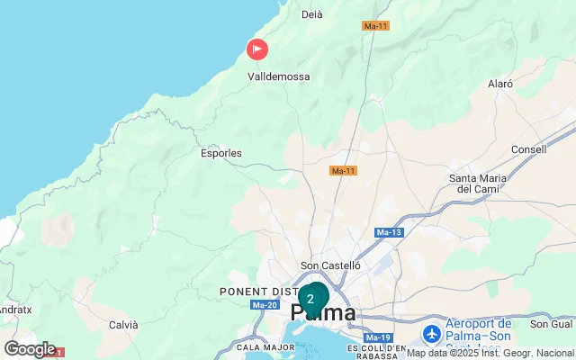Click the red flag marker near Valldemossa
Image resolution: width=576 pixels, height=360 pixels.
click(x=257, y=49)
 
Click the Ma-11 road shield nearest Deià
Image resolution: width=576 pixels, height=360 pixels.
click(x=375, y=26)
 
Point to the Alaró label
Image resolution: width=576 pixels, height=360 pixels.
click(x=499, y=84)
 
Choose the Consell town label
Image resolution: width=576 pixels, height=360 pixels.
click(x=527, y=149)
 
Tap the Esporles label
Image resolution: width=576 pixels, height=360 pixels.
click(x=220, y=153)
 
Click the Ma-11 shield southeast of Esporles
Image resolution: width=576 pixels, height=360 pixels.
click(x=343, y=171)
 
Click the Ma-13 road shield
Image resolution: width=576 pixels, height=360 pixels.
click(x=388, y=233)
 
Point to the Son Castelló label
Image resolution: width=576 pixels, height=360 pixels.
click(x=330, y=266)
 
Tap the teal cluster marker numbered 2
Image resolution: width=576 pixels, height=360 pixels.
click(x=311, y=299)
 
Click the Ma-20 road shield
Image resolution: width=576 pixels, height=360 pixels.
click(x=265, y=305)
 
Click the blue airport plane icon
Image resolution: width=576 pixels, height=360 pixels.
click(x=432, y=334)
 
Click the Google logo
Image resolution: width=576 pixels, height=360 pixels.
click(x=30, y=349)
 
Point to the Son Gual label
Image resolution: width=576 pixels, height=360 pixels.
click(x=552, y=324)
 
